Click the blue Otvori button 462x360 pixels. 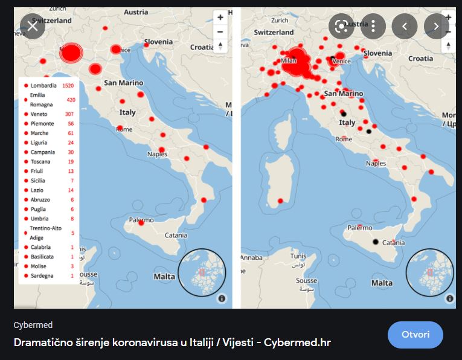coord(415,335)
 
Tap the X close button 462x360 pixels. coord(33,26)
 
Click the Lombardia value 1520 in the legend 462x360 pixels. coord(68,86)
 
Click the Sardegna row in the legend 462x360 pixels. coord(42,275)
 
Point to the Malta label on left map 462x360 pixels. coord(164,277)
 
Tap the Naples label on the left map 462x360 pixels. coord(158,154)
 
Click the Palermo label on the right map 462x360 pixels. coord(361,228)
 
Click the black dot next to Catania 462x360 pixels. coord(376,242)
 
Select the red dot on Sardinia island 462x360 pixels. coord(280,201)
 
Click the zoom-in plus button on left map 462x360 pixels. coord(220,18)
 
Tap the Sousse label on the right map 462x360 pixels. coord(306,281)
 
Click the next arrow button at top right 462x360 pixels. coord(436,26)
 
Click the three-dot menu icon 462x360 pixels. coord(373,26)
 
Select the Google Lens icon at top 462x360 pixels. coord(341,26)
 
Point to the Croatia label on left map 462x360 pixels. coord(202,47)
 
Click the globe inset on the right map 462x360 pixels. coord(430,272)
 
